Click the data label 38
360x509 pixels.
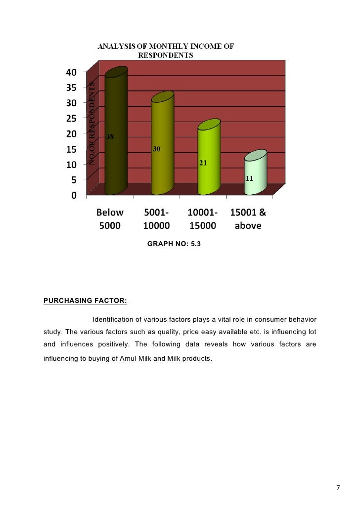click(x=111, y=137)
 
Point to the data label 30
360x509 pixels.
click(x=156, y=149)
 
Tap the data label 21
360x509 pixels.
click(x=203, y=163)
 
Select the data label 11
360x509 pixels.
click(x=250, y=178)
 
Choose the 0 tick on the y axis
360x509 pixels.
click(x=74, y=195)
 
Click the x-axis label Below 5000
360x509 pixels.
click(x=110, y=219)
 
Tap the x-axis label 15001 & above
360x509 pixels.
click(x=248, y=219)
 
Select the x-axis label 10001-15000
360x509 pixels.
click(x=203, y=219)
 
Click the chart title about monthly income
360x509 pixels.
click(x=165, y=51)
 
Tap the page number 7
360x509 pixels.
click(x=338, y=488)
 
